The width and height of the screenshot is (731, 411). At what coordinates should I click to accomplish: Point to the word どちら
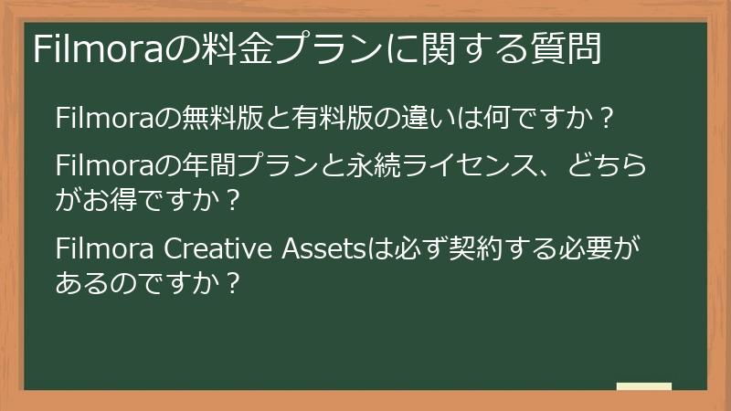(x=608, y=166)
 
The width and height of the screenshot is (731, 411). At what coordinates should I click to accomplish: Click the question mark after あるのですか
(x=232, y=280)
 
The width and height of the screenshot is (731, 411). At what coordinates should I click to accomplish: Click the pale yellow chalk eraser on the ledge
(x=644, y=387)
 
